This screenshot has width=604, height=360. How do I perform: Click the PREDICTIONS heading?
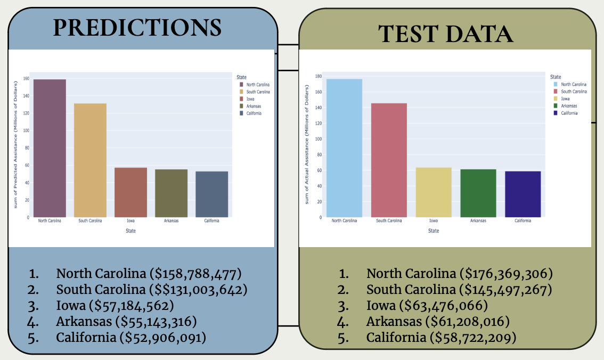click(137, 28)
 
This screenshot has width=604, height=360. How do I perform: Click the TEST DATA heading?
click(446, 34)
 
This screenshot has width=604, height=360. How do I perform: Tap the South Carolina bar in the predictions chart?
click(90, 160)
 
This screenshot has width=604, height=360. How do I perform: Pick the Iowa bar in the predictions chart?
click(130, 192)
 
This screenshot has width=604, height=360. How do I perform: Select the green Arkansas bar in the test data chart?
click(478, 193)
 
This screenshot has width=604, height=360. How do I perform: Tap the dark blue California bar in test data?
click(523, 194)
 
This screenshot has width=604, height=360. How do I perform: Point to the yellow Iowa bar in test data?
click(433, 192)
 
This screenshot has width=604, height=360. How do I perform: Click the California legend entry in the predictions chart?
click(254, 113)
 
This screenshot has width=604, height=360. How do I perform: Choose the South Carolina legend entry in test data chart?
click(574, 92)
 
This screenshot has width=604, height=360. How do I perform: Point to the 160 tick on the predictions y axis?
click(26, 78)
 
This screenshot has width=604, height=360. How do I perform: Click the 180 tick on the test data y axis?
click(318, 76)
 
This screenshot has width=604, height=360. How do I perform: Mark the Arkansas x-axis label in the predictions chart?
click(171, 220)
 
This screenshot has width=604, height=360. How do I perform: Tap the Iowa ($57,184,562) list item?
click(115, 306)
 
